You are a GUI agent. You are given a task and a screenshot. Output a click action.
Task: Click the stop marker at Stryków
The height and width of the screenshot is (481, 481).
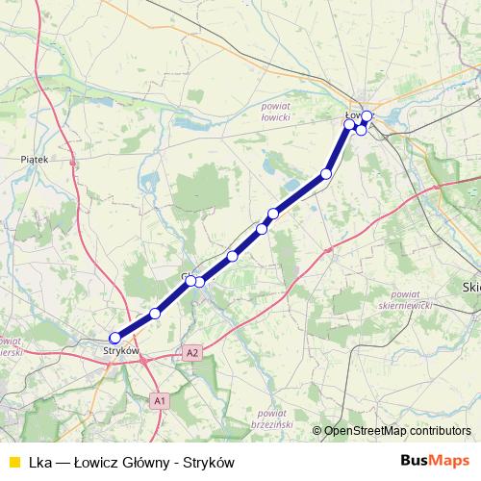point(114,338)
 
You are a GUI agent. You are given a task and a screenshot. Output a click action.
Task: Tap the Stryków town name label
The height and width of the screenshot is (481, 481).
point(121,351)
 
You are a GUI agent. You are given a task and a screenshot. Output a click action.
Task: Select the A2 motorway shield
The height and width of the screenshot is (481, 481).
point(193,353)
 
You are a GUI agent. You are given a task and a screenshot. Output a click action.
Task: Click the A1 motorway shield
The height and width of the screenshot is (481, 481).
point(160,399)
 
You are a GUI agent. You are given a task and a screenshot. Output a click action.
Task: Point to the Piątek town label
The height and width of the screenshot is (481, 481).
point(34,159)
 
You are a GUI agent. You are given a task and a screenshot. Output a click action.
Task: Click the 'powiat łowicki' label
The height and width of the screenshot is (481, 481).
point(275,111)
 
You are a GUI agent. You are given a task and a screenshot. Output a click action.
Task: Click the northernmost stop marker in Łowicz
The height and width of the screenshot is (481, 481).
point(367,115)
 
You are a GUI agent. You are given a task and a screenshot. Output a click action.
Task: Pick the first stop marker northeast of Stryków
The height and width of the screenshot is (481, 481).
point(155,314)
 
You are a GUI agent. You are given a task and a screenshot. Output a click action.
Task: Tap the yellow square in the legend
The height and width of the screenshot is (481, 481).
point(13,463)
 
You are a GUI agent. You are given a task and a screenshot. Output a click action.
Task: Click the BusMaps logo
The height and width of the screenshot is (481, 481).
point(435,462)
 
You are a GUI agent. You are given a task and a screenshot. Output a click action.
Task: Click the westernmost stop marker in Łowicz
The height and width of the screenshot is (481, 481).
point(349,124)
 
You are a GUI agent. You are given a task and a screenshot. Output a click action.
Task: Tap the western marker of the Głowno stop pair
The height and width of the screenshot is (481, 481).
point(190,280)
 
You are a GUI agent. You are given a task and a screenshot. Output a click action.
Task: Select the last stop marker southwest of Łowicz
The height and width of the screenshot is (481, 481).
point(326,174)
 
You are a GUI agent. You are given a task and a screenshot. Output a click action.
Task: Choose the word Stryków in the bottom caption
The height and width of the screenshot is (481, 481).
point(211,463)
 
